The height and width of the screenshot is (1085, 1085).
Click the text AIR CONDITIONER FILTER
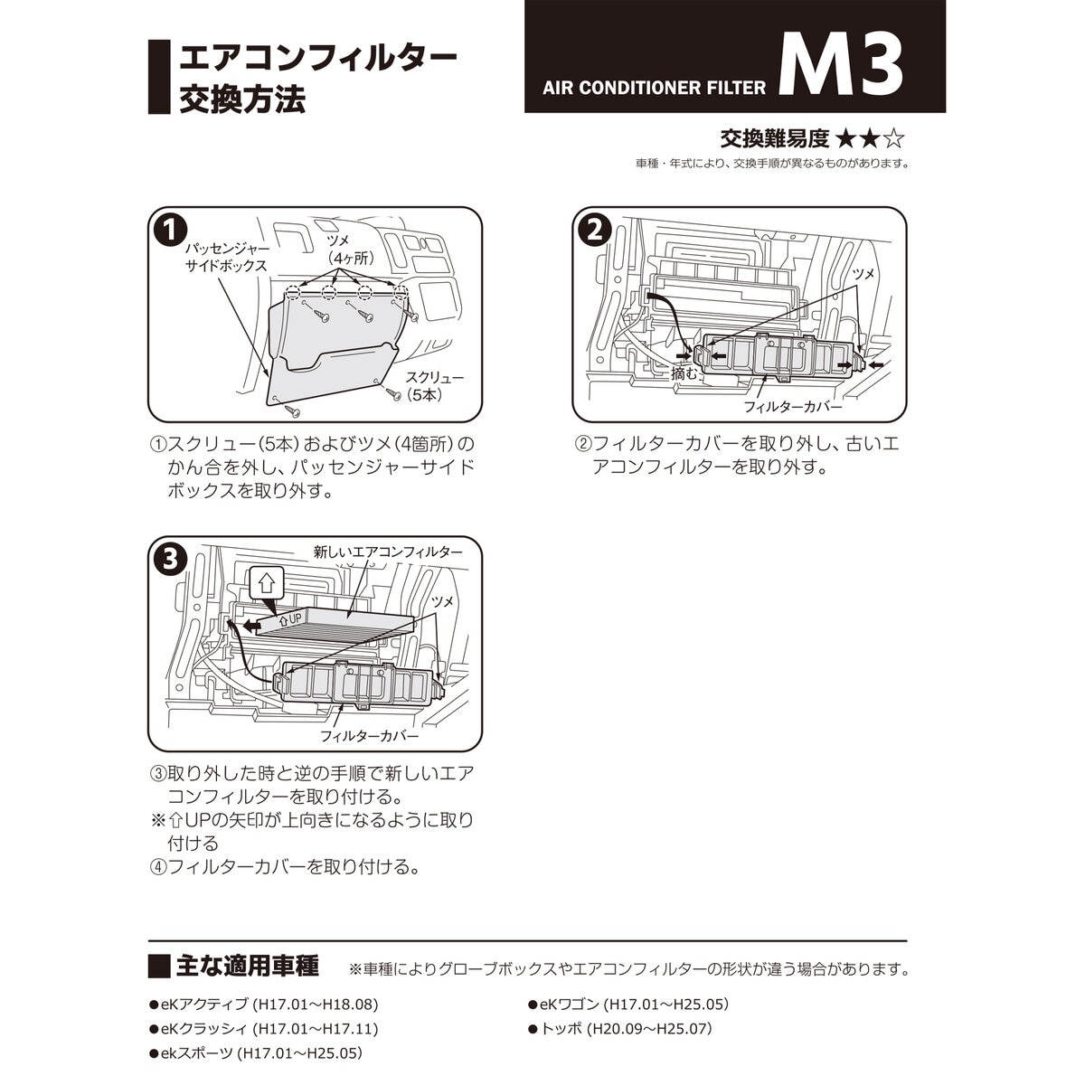pos(655,88)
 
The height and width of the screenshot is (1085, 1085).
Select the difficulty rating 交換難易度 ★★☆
pos(812,138)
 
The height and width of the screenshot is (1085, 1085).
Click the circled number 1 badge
pos(170,231)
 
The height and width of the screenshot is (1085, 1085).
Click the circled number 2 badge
pos(593,231)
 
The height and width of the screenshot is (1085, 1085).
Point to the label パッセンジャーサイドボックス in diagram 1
pos(226,256)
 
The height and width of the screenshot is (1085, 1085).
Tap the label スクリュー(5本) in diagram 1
pos(435,386)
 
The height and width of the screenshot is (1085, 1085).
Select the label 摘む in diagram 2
pos(684,373)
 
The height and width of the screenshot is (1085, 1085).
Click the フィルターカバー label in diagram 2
pos(793,407)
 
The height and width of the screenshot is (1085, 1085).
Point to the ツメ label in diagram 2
pos(863,274)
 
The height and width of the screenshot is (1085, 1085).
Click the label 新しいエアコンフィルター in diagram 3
pos(388,551)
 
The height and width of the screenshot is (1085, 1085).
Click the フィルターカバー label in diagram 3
pos(370,736)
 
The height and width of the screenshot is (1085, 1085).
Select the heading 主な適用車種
pos(246,966)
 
